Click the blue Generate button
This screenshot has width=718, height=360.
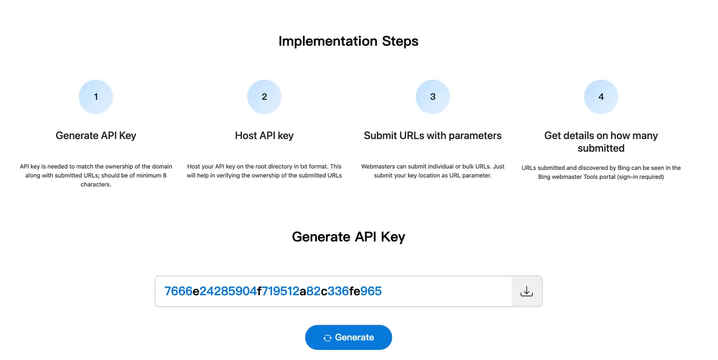[x=348, y=337]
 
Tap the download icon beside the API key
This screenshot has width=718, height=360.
[x=526, y=291]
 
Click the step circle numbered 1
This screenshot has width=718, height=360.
[x=96, y=96]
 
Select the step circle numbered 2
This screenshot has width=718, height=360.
[x=264, y=96]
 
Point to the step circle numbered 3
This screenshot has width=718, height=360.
[x=432, y=96]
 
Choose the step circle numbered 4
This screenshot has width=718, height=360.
[x=601, y=96]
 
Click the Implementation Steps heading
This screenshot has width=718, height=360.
[x=348, y=41]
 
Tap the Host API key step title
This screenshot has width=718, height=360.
[x=264, y=136]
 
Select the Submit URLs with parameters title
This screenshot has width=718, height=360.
[x=432, y=136]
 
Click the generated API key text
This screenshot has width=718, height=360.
[x=273, y=291]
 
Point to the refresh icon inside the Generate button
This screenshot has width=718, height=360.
[x=327, y=338]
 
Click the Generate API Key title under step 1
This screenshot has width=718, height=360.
[x=96, y=136]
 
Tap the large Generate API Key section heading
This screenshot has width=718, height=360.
[x=348, y=237]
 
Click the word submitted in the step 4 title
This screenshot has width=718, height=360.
[x=601, y=148]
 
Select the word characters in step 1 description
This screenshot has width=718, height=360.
[x=95, y=184]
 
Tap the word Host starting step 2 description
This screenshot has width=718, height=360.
[x=194, y=167]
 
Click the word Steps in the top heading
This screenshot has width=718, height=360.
[x=400, y=41]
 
